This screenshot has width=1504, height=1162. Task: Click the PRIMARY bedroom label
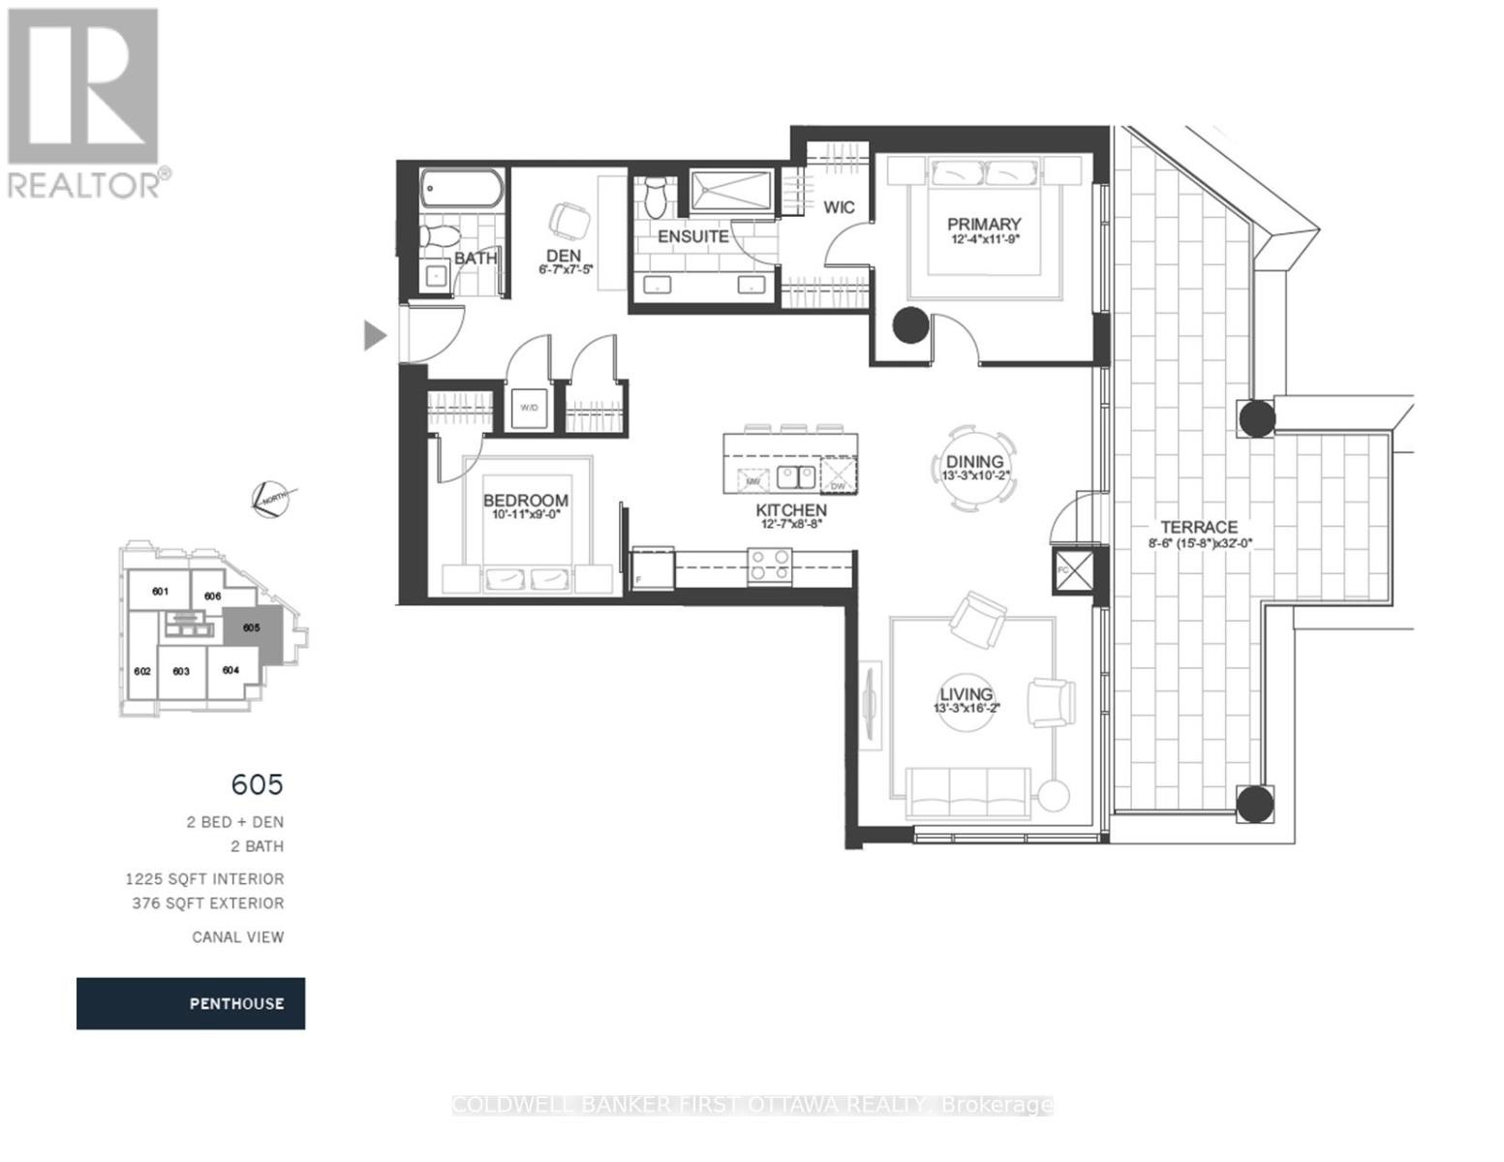click(x=984, y=225)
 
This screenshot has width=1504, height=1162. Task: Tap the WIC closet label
click(x=839, y=207)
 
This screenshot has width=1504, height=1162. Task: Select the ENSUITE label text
click(x=692, y=236)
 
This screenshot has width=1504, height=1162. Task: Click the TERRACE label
click(x=1199, y=527)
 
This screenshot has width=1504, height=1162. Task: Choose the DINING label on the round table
click(x=975, y=463)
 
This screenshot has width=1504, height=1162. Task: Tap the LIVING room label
click(x=966, y=694)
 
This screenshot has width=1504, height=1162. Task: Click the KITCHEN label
click(x=791, y=510)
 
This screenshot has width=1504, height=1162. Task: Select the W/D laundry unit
click(x=529, y=408)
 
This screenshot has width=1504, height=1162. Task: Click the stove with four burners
click(x=770, y=565)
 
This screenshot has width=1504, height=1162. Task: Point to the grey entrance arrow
click(x=375, y=335)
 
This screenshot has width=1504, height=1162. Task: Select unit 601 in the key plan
click(x=160, y=592)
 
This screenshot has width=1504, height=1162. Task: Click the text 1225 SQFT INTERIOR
click(x=204, y=879)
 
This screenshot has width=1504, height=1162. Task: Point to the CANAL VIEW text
click(x=237, y=936)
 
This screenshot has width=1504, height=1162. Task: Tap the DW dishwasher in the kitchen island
click(x=839, y=476)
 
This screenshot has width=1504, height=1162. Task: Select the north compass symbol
click(x=272, y=498)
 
